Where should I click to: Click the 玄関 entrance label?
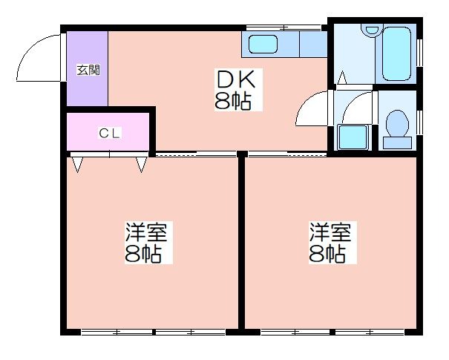coord(88,70)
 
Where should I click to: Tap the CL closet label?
coord(109,134)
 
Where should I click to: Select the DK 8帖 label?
coord(237,91)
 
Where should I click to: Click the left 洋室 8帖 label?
coord(148,242)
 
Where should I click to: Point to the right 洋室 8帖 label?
coord(332,242)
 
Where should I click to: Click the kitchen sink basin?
coord(263,44)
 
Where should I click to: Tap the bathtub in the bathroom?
coord(396,54)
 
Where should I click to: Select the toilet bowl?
coord(397,123)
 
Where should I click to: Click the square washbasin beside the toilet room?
coord(353,137)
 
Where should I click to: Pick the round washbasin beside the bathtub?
coord(371,30)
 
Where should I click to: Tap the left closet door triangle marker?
coord(77,164)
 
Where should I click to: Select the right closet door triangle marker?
coord(142,164)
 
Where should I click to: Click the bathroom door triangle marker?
coord(342,78)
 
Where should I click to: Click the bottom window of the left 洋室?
coord(154,333)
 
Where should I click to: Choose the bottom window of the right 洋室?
coord(332,333)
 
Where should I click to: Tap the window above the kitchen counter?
coord(284,27)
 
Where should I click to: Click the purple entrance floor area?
coord(88,68)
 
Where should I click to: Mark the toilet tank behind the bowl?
coord(397,143)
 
